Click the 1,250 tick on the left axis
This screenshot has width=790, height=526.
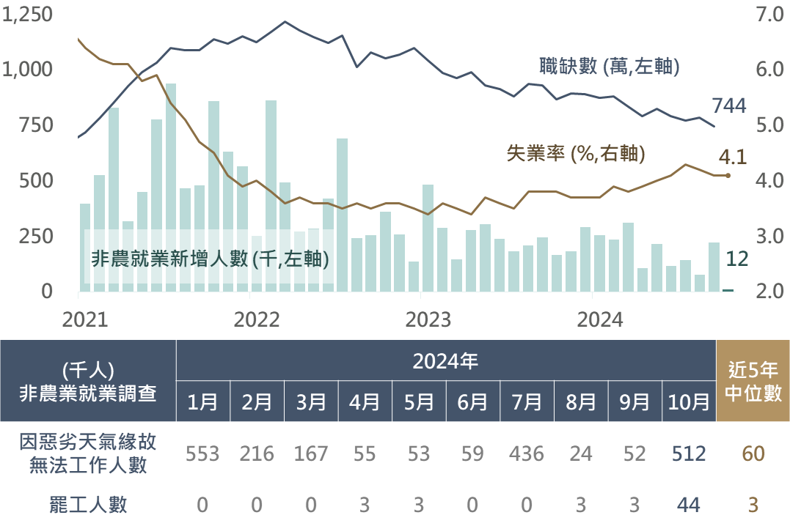pos(28,15)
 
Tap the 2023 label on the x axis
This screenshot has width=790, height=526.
pos(428,320)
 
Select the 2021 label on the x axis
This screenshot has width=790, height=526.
pos(85,320)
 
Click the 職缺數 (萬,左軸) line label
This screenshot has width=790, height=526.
pos(608,68)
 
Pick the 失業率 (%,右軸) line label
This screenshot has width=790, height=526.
pos(576,153)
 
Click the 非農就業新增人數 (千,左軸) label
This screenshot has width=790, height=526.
pos(209,259)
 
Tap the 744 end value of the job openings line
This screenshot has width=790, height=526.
pos(728,106)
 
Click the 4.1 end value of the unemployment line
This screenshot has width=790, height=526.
pos(732,158)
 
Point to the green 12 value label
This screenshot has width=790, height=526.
pos(736,259)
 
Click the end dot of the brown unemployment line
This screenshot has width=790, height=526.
pos(728,176)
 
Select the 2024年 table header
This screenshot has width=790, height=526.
pos(445,360)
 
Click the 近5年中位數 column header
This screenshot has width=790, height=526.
pos(753,381)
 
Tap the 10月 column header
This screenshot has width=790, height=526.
pos(689,402)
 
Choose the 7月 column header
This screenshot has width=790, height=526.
pos(527,402)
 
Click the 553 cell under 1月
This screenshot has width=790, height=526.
pos(202,454)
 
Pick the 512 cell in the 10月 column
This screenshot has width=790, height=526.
pos(689,454)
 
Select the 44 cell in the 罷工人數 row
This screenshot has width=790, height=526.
pos(689,505)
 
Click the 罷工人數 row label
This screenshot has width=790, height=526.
pos(88,505)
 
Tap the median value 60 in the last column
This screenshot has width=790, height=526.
pos(753,454)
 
